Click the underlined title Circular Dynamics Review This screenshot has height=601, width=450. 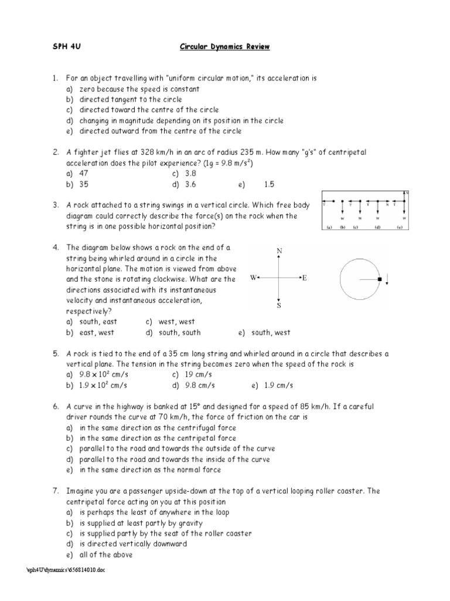coord(224,48)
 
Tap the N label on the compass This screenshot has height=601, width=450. coord(279,251)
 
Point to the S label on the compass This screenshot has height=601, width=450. coord(279,305)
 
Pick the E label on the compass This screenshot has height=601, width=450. coord(305,278)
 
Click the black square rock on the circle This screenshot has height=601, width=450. coord(380,279)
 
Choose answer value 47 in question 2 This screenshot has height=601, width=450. coord(84,174)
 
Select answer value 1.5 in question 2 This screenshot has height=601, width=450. coord(269,184)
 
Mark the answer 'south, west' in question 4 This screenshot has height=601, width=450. coord(271,333)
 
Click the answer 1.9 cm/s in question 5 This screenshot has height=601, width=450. coord(272,385)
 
